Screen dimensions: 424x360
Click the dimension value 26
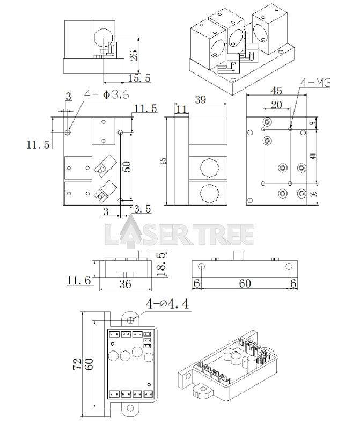(x=134, y=55)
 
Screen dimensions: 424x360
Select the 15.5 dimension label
(x=139, y=78)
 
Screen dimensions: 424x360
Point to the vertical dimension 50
(x=127, y=167)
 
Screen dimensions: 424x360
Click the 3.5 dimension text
(x=142, y=208)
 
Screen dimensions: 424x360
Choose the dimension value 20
(x=276, y=105)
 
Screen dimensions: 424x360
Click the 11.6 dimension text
(x=79, y=280)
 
